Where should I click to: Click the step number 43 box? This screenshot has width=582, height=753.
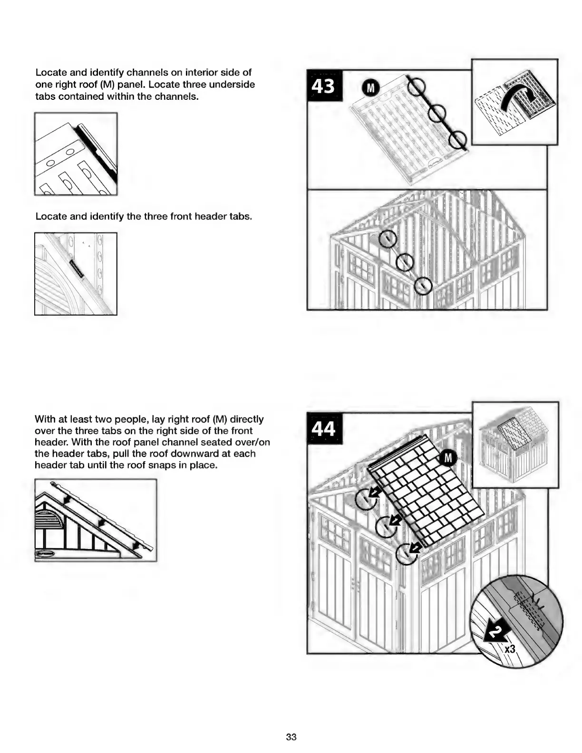[324, 86]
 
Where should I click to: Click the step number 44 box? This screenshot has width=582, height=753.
[324, 428]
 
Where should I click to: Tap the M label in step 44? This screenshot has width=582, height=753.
[447, 458]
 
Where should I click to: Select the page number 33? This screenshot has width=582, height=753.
[291, 737]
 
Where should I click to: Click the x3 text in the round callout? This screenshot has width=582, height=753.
[509, 649]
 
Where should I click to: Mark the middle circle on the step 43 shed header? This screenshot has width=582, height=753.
[405, 262]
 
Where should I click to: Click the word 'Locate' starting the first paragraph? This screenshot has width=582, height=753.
[50, 73]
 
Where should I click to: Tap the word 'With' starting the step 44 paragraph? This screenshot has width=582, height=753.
[45, 419]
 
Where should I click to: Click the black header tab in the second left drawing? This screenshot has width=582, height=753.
[77, 269]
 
